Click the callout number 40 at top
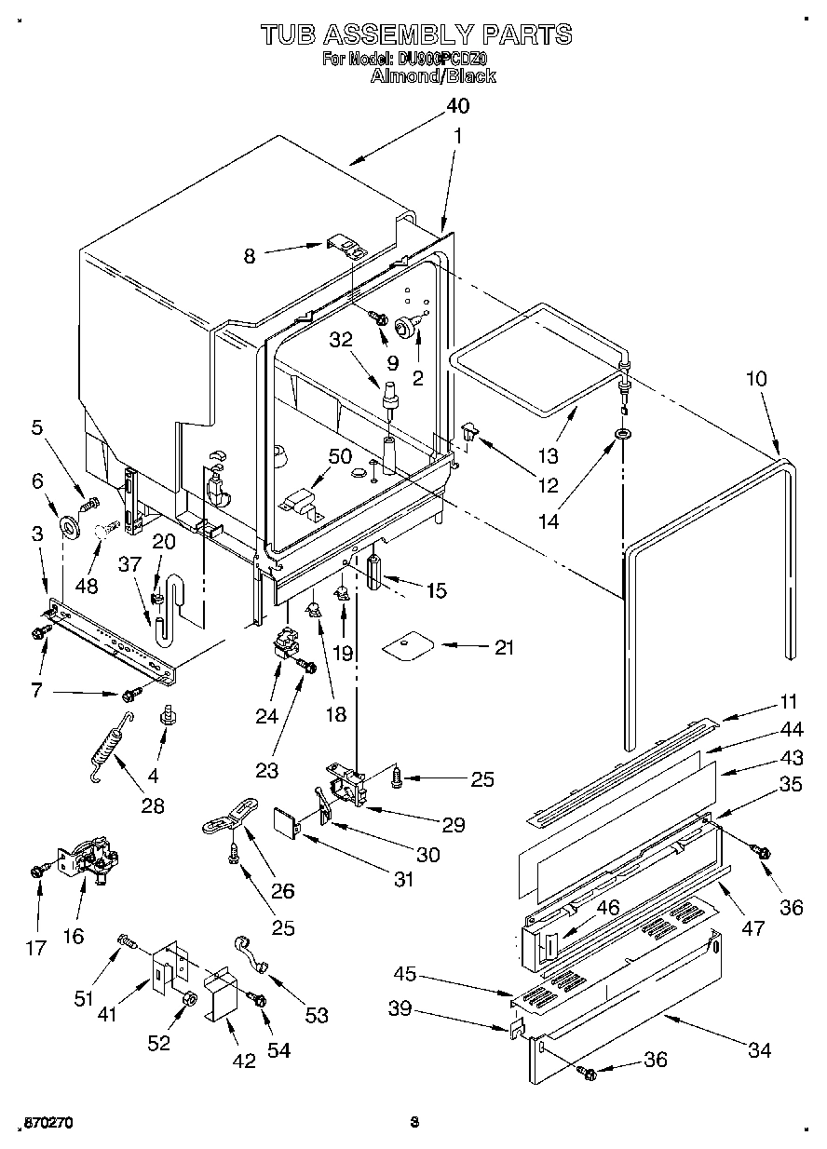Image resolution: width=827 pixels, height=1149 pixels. (456, 105)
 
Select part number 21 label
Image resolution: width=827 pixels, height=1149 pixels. (504, 647)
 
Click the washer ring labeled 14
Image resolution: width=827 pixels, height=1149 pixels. (621, 434)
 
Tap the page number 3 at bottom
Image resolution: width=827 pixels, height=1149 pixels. (414, 1123)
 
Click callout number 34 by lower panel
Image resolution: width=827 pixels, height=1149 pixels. (760, 1050)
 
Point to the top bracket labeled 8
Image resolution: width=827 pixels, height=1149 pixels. (346, 249)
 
